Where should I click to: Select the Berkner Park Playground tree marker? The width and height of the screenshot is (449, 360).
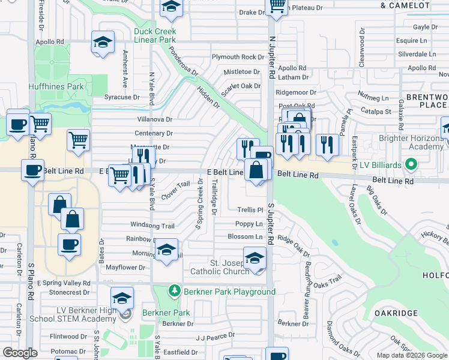click(174, 292)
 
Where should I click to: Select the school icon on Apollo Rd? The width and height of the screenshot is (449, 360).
click(103, 43)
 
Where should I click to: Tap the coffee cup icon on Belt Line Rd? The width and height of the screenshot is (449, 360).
click(32, 169)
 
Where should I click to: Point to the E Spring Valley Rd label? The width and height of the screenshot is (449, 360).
click(64, 283)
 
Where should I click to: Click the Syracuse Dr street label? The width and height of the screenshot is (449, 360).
click(122, 97)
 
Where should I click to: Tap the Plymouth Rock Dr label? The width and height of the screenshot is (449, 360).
click(238, 58)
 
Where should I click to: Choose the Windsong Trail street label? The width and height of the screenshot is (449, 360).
click(152, 226)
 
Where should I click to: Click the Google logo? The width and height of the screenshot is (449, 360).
click(20, 353)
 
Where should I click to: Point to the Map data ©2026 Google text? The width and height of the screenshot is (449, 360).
click(412, 355)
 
